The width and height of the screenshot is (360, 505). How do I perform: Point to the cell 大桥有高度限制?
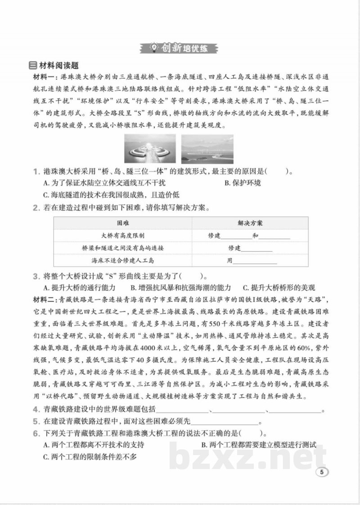coord(123,236)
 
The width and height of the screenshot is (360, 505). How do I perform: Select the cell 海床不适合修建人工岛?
coord(123,260)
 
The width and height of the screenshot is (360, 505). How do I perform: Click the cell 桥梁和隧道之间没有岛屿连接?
coord(123,248)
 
